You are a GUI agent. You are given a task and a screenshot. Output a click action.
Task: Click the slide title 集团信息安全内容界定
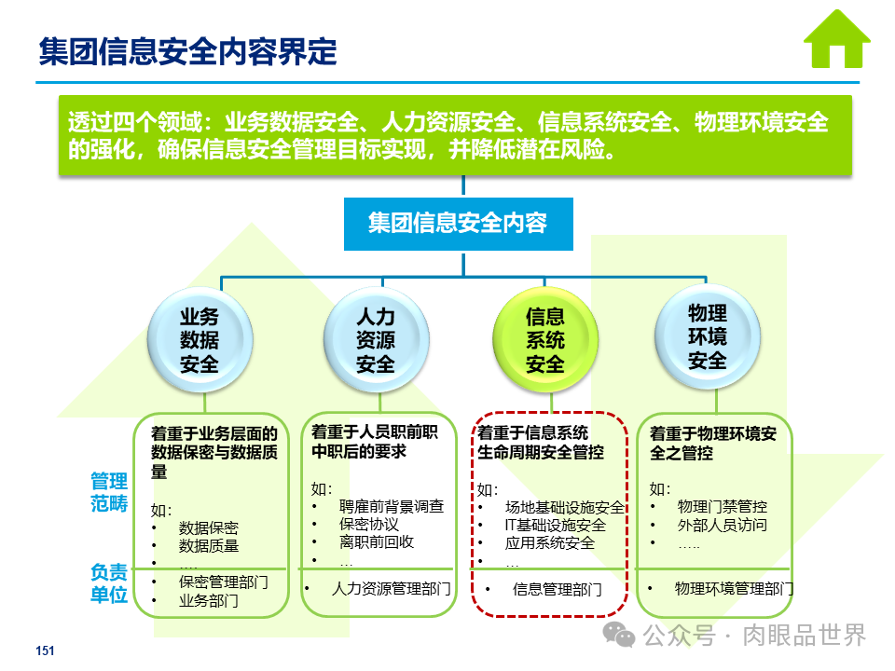[x=187, y=51]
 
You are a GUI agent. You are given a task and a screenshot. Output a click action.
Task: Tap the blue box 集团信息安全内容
[x=458, y=224]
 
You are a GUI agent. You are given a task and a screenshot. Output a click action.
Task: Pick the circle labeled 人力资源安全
[x=377, y=339]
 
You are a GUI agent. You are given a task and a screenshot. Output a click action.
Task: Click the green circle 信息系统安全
[x=545, y=339]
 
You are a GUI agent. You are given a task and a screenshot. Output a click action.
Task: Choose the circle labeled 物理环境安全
[x=707, y=335]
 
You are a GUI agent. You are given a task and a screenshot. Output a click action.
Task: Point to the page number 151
[x=45, y=651]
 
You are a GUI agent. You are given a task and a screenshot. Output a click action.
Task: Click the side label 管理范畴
[x=108, y=492]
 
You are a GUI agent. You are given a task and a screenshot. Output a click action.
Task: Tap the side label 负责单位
[x=108, y=582]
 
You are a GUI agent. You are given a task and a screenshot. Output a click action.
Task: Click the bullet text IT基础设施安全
[x=555, y=525]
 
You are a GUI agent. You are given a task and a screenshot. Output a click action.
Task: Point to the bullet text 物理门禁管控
[x=723, y=506]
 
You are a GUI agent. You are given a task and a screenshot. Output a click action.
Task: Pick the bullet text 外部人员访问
[x=723, y=525]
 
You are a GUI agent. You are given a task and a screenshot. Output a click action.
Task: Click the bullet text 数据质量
[x=209, y=546]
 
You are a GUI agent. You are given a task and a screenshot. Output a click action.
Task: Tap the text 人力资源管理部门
[x=392, y=589]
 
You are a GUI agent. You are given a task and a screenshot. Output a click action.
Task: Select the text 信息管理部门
[x=557, y=589]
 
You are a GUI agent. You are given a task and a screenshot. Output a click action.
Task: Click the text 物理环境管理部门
[x=734, y=589]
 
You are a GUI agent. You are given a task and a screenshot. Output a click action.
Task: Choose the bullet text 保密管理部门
[x=224, y=582]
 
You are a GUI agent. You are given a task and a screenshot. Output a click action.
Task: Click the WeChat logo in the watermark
[x=619, y=636]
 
